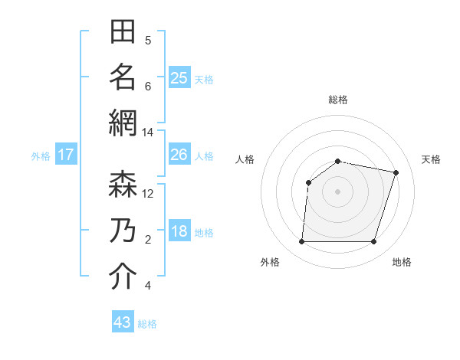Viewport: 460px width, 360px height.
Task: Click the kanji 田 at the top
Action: coord(123,33)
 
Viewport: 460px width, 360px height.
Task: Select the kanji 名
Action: coord(123,77)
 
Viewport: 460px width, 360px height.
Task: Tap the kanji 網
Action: coord(123,123)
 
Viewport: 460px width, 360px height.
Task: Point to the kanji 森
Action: coord(123,185)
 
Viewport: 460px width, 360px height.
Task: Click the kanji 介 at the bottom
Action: coord(123,277)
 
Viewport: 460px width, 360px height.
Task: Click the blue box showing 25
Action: coord(179,77)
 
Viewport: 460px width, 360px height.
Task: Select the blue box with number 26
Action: coord(179,155)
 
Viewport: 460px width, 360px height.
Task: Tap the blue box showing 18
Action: coord(179,231)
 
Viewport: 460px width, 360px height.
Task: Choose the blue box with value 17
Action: coord(66,155)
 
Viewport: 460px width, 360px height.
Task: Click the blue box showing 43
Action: coord(122,322)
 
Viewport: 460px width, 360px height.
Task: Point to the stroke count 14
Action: coord(147,133)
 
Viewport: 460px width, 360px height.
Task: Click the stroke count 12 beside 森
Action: coord(147,194)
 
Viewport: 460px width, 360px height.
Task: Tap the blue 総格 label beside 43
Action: coord(147,324)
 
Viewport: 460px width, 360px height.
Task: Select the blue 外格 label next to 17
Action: coord(41,156)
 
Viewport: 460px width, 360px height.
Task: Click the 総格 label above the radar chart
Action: coord(337,100)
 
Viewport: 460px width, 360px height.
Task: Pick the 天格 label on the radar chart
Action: coord(431,159)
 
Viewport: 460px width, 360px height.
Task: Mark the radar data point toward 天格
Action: coord(396,173)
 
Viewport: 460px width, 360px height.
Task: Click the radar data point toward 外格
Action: coord(301,242)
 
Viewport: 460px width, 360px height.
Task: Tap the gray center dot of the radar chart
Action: coord(337,191)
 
